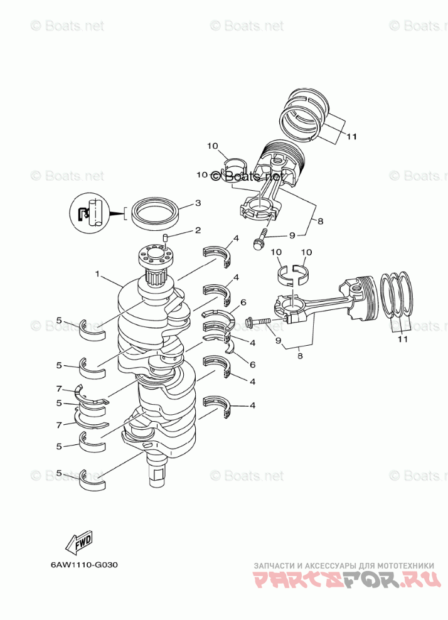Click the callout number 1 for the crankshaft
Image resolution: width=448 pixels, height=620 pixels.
pyautogui.click(x=98, y=274)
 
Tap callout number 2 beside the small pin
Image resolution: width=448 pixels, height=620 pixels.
pyautogui.click(x=197, y=230)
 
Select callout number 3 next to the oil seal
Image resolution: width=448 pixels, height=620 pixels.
pyautogui.click(x=197, y=203)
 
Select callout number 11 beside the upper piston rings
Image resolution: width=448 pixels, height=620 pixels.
pyautogui.click(x=351, y=136)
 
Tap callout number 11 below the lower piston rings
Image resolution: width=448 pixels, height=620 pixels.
pyautogui.click(x=402, y=339)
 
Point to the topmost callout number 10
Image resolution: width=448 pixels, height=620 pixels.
pyautogui.click(x=213, y=146)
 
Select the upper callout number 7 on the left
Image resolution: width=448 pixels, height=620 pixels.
pyautogui.click(x=59, y=389)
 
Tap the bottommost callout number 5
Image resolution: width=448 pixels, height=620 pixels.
pyautogui.click(x=59, y=473)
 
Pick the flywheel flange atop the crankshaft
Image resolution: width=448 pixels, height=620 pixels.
pyautogui.click(x=155, y=256)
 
